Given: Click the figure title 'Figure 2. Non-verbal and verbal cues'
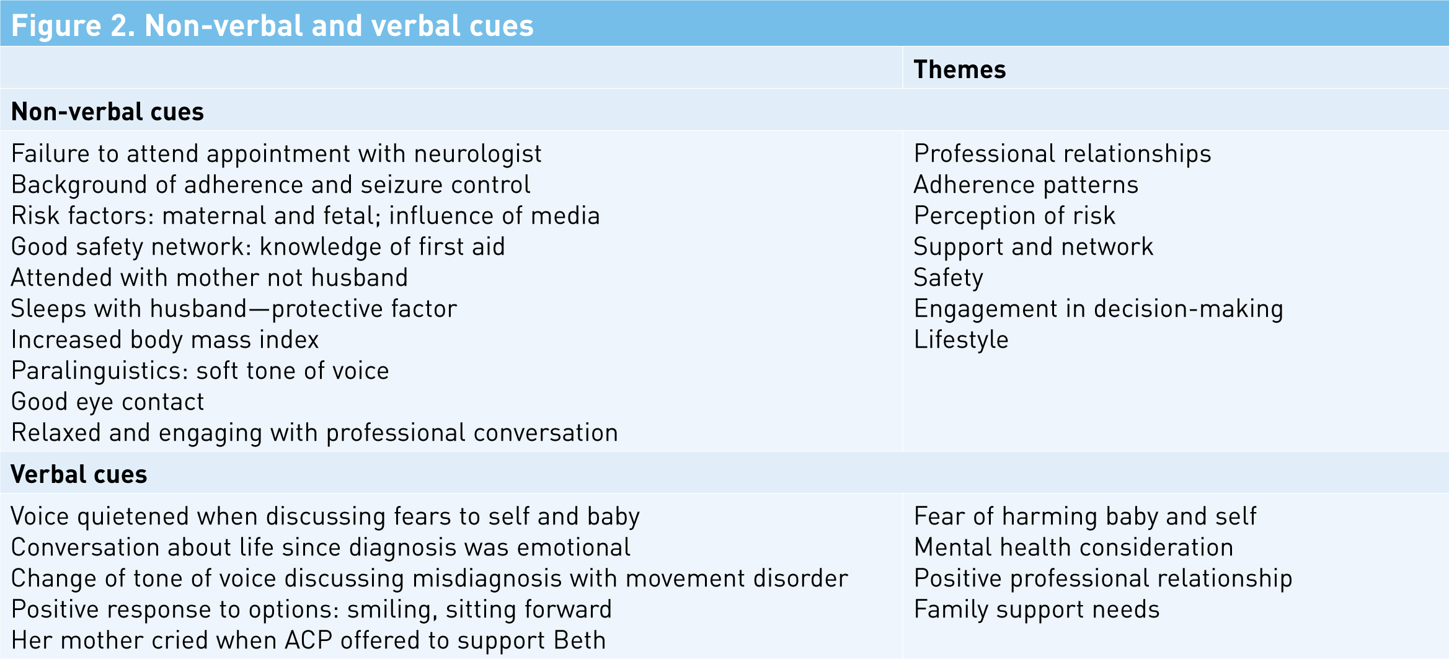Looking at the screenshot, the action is [x=272, y=25].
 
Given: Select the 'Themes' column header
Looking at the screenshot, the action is [x=959, y=69].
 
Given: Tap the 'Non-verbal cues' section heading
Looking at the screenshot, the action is [x=107, y=112].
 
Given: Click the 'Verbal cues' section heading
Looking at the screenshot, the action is [x=79, y=474].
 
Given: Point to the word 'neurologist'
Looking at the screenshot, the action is [x=477, y=154].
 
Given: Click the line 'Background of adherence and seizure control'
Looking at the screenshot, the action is [x=271, y=185].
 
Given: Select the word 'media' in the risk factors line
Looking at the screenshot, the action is [x=565, y=216].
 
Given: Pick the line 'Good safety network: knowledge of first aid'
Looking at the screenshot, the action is [x=258, y=247].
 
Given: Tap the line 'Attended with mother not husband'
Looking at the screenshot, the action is [x=210, y=278].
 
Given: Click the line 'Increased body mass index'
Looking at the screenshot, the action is [x=165, y=340].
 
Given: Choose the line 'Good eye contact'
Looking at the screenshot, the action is [x=108, y=402].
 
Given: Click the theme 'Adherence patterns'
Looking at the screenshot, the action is [x=1026, y=185].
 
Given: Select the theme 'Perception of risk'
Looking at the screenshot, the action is [x=1014, y=216].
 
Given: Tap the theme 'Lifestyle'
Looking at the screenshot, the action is [x=961, y=340].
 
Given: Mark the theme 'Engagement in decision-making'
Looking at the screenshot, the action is [x=1099, y=309].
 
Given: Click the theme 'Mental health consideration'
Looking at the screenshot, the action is [x=1074, y=547].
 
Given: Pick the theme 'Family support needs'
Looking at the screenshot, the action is [x=1037, y=609].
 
